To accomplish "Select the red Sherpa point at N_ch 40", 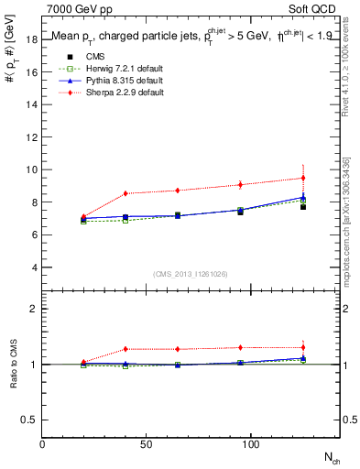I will [125, 193].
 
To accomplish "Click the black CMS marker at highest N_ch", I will [303, 207].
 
